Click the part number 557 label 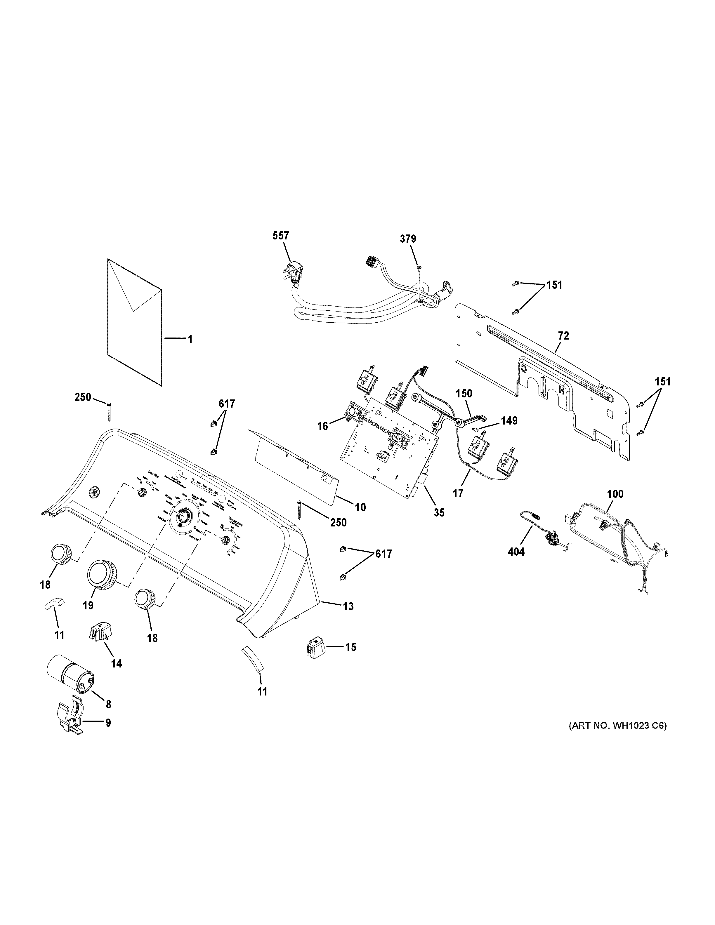pyautogui.click(x=281, y=236)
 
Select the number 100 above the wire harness pyautogui.click(x=615, y=494)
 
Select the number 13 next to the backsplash pyautogui.click(x=348, y=606)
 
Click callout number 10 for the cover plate pyautogui.click(x=360, y=507)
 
